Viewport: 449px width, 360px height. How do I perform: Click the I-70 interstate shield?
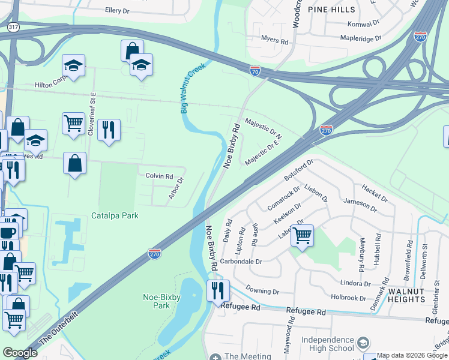coord(255,71)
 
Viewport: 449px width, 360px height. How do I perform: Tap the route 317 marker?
coord(13,27)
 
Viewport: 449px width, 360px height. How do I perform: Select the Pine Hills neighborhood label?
coord(331,10)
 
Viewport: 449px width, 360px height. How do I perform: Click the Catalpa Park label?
coord(115,215)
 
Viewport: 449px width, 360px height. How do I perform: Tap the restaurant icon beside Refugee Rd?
coord(217,290)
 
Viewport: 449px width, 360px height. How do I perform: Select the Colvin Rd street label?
coord(159,176)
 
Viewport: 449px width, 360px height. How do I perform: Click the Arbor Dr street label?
coord(176,190)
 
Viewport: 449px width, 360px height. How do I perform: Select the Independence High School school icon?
coord(362,343)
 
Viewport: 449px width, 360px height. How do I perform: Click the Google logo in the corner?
coord(20,353)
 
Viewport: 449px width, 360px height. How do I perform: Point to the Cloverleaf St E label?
coord(92,114)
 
